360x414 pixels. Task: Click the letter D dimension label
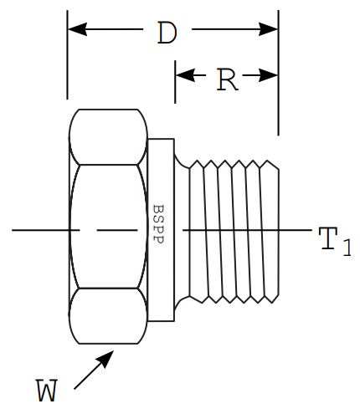coord(167,33)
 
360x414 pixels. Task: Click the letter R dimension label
coord(228,79)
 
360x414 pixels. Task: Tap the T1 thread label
coord(335,241)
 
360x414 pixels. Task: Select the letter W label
coord(47,390)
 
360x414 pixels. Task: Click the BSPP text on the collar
coord(158,224)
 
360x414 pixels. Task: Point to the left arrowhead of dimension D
coord(77,29)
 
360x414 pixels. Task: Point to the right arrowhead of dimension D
coord(268,29)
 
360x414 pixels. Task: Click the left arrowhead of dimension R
coord(185,75)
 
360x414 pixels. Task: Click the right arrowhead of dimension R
coord(268,75)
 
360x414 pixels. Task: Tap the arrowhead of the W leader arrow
coord(106,358)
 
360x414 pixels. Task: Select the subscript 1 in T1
coord(347,248)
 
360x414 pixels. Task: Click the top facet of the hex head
coord(108,137)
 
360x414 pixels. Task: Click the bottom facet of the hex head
coord(108,316)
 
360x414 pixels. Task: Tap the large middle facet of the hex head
coord(108,227)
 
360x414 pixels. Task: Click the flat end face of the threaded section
coord(279,231)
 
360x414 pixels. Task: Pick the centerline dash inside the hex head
coord(117,230)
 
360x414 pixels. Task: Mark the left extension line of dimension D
coord(67,54)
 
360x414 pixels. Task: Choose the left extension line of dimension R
coord(175,82)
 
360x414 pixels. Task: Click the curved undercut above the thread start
coord(181,161)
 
